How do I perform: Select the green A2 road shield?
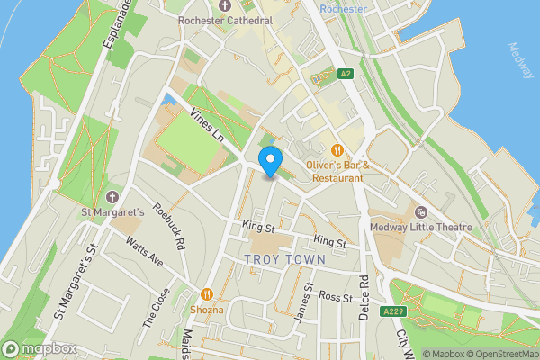point(346,74)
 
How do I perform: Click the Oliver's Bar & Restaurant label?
point(337,172)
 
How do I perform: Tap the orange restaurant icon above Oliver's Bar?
point(337,149)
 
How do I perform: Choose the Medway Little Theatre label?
point(420,227)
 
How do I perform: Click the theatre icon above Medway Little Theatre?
point(420,211)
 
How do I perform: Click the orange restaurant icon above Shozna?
point(207,293)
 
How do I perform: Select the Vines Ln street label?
point(207,125)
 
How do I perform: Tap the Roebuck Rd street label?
point(168,230)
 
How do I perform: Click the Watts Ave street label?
point(144,252)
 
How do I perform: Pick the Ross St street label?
point(334,296)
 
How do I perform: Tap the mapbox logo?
point(40,348)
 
